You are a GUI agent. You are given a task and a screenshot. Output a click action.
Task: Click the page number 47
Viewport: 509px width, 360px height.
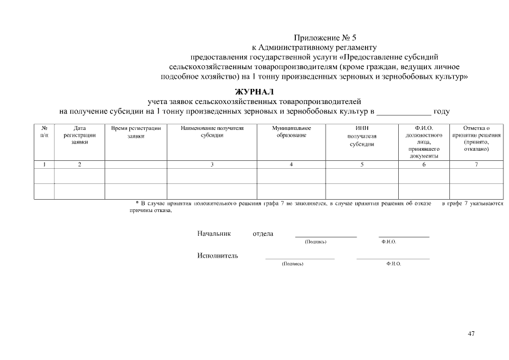pyautogui.click(x=471, y=334)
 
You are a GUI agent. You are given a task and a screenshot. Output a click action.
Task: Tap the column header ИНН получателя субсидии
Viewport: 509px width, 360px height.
pyautogui.click(x=362, y=136)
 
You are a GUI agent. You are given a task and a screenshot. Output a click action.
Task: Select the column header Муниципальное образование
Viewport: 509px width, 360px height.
pyautogui.click(x=291, y=132)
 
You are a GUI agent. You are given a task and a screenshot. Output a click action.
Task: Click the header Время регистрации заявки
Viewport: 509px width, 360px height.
pyautogui.click(x=136, y=132)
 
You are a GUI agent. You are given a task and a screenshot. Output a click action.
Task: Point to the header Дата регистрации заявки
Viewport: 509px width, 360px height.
pyautogui.click(x=79, y=135)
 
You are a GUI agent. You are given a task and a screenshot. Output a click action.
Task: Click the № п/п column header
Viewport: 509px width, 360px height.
pyautogui.click(x=44, y=132)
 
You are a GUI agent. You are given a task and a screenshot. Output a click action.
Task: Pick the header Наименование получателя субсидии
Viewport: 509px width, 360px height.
pyautogui.click(x=212, y=132)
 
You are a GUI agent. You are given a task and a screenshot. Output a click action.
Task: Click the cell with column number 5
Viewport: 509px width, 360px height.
pyautogui.click(x=362, y=164)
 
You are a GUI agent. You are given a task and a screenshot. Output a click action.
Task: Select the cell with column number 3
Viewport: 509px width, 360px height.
pyautogui.click(x=212, y=164)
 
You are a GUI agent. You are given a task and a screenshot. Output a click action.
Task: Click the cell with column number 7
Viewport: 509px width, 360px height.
pyautogui.click(x=476, y=164)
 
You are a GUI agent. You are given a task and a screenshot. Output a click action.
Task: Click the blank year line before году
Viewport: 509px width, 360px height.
pyautogui.click(x=403, y=112)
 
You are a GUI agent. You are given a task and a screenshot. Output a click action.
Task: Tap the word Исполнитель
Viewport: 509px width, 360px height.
pyautogui.click(x=218, y=255)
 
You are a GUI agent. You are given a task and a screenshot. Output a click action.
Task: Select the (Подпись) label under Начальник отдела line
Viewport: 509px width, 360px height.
pyautogui.click(x=316, y=242)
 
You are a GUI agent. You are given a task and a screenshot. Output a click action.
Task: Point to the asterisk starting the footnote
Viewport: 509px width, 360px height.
pyautogui.click(x=137, y=202)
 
